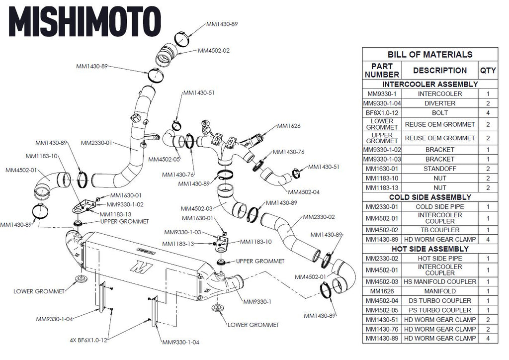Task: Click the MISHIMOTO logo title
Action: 85,21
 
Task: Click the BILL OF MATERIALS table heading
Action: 430,54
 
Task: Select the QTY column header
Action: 488,71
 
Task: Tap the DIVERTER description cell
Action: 440,103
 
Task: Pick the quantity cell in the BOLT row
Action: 488,113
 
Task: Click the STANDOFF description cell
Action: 440,169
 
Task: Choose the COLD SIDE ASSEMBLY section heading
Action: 430,197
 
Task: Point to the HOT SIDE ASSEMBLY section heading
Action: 430,249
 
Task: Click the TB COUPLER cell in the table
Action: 440,230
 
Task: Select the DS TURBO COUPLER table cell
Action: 440,301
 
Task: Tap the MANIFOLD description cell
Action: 440,291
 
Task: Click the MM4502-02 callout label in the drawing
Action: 214,51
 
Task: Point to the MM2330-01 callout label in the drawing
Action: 96,143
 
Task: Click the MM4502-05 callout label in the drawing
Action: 164,160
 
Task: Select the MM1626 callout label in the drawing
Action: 289,126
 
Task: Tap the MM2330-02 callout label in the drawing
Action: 319,217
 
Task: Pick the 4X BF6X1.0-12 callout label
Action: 88,340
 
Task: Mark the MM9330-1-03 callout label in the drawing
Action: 182,232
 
